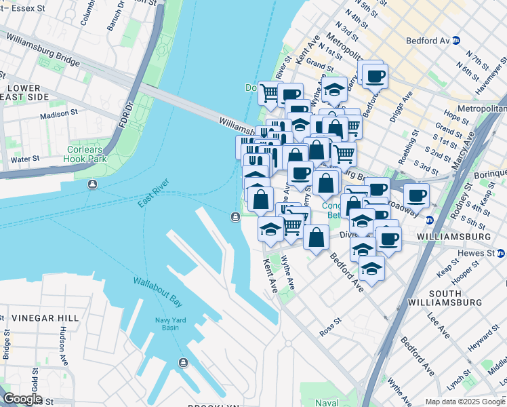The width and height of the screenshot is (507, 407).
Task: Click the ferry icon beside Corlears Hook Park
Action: click(91, 184)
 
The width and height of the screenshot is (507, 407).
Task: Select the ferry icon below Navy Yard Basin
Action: click(183, 362)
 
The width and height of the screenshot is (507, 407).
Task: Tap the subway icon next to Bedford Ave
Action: click(456, 40)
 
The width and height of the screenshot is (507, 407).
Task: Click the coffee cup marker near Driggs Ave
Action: click(373, 75)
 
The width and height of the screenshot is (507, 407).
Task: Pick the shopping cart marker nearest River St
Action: click(270, 92)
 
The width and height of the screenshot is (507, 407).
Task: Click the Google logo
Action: click(22, 399)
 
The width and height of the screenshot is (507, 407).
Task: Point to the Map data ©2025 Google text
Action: click(466, 402)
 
